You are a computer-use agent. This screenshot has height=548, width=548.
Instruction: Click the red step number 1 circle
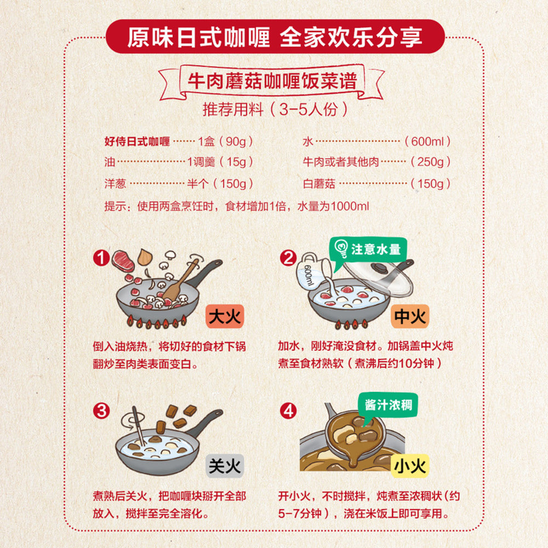[x=101, y=258]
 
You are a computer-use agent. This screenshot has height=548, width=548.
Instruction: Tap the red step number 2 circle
[x=288, y=258]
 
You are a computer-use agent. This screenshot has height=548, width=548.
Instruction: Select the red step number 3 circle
[x=101, y=411]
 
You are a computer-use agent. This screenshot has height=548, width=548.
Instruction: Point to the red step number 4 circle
[x=288, y=411]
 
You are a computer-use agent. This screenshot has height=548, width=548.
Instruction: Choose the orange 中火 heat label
[x=410, y=316]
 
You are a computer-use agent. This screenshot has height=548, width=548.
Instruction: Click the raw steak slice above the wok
[x=123, y=260]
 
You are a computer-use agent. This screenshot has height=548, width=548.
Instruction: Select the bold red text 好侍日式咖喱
[x=138, y=141]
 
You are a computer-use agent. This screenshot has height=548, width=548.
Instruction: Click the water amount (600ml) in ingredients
[x=427, y=141]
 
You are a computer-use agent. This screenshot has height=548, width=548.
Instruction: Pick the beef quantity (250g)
[x=430, y=162]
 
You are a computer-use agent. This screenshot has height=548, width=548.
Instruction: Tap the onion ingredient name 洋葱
[x=116, y=184]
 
